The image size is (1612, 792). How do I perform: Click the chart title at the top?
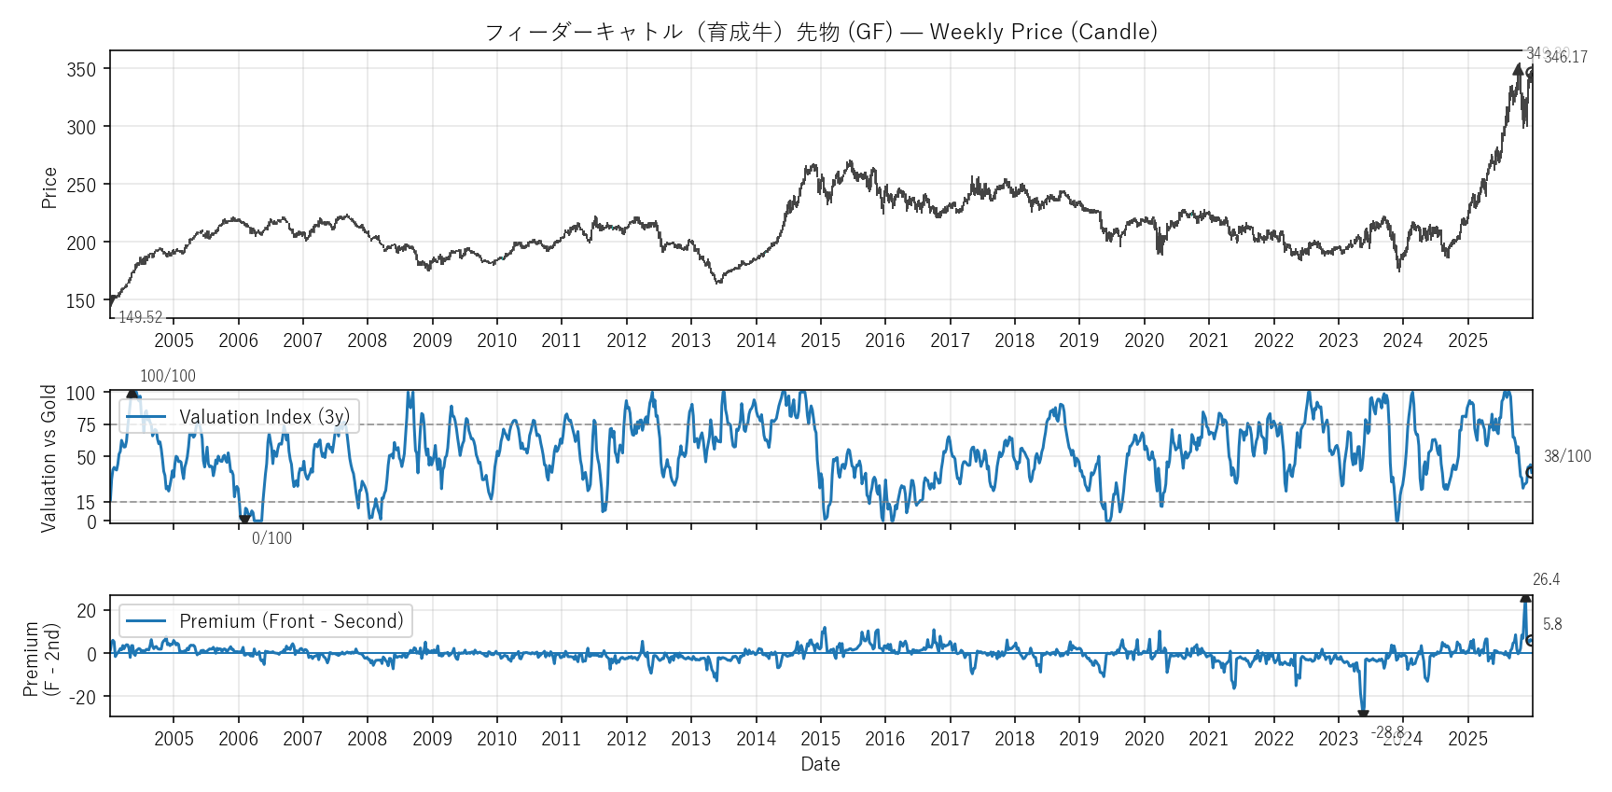pos(821,32)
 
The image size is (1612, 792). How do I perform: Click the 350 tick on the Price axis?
pos(81,70)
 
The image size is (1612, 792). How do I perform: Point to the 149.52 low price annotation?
pos(140,317)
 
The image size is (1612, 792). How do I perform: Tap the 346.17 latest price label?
pos(1566,57)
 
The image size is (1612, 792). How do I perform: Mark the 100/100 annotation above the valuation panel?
pos(168,376)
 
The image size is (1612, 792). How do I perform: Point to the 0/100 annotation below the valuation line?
pos(271,538)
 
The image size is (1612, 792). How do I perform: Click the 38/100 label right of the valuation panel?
pos(1567,456)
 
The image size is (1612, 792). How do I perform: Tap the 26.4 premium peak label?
pos(1546,579)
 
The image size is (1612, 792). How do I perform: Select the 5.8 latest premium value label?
pos(1552,624)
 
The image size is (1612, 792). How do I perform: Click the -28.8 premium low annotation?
pos(1387,732)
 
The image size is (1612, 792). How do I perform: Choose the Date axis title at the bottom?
pos(820,764)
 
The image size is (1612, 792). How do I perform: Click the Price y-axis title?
pos(49,188)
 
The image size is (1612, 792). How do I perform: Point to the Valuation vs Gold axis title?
pos(49,458)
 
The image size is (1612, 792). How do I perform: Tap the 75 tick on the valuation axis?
pos(87,425)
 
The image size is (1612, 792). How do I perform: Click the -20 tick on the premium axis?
pos(85,698)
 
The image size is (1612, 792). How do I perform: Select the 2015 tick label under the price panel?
pos(820,340)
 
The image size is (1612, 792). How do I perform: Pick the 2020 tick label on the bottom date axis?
pos(1144,739)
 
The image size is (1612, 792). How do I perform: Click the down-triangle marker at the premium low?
pos(1363,715)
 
